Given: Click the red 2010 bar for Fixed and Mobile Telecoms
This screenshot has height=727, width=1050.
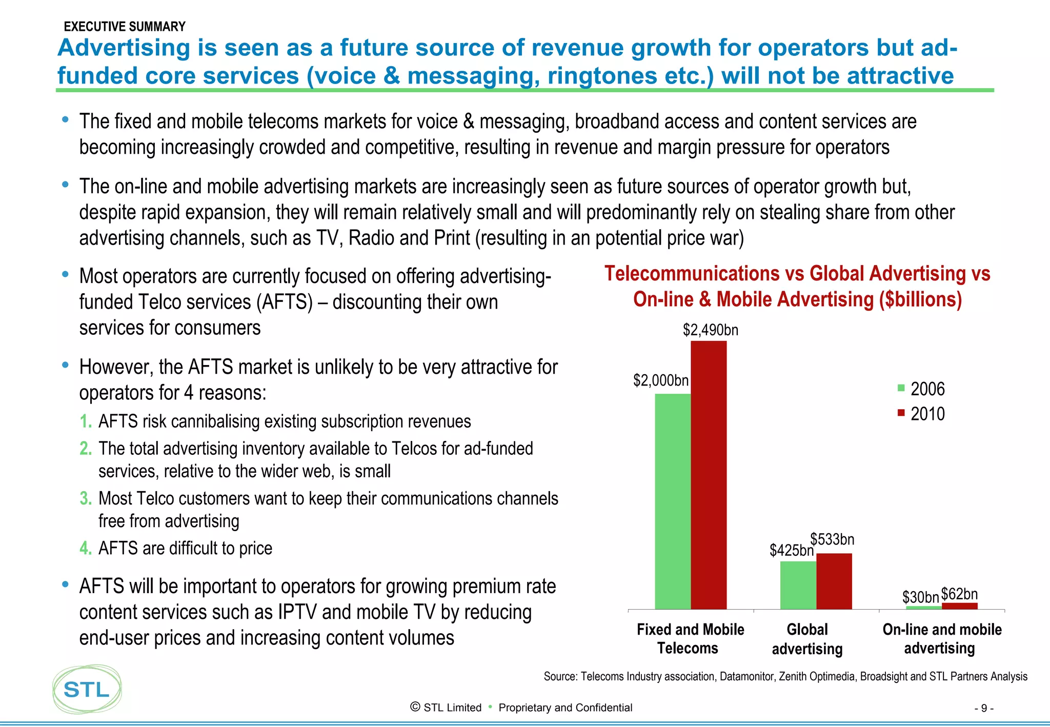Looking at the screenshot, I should tap(709, 474).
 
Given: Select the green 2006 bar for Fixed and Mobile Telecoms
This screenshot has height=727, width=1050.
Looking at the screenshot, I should tap(673, 501).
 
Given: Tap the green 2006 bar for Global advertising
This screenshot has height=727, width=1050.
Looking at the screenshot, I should tap(798, 585).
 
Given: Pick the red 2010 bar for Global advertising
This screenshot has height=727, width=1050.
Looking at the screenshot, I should tap(834, 581).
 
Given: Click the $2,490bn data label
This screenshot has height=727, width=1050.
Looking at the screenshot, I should tap(710, 330).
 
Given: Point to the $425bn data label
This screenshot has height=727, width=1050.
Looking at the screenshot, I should tap(791, 551).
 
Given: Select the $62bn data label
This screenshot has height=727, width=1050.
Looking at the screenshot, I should tap(959, 594).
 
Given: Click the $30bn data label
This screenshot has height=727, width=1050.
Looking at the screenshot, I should tap(920, 597).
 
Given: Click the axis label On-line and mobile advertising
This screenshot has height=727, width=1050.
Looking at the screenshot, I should tap(941, 639).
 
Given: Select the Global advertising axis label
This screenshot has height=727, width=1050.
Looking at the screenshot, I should tap(807, 639).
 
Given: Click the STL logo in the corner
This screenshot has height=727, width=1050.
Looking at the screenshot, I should tap(87, 690).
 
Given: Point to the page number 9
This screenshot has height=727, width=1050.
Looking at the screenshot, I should tap(983, 709).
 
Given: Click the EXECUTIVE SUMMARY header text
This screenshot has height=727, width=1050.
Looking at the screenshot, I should tap(125, 27).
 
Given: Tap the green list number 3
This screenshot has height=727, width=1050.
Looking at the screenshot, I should tap(85, 498).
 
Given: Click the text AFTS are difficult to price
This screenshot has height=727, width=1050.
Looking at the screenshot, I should tap(185, 548).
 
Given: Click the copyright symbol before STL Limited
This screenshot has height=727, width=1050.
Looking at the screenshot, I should tap(415, 707).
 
